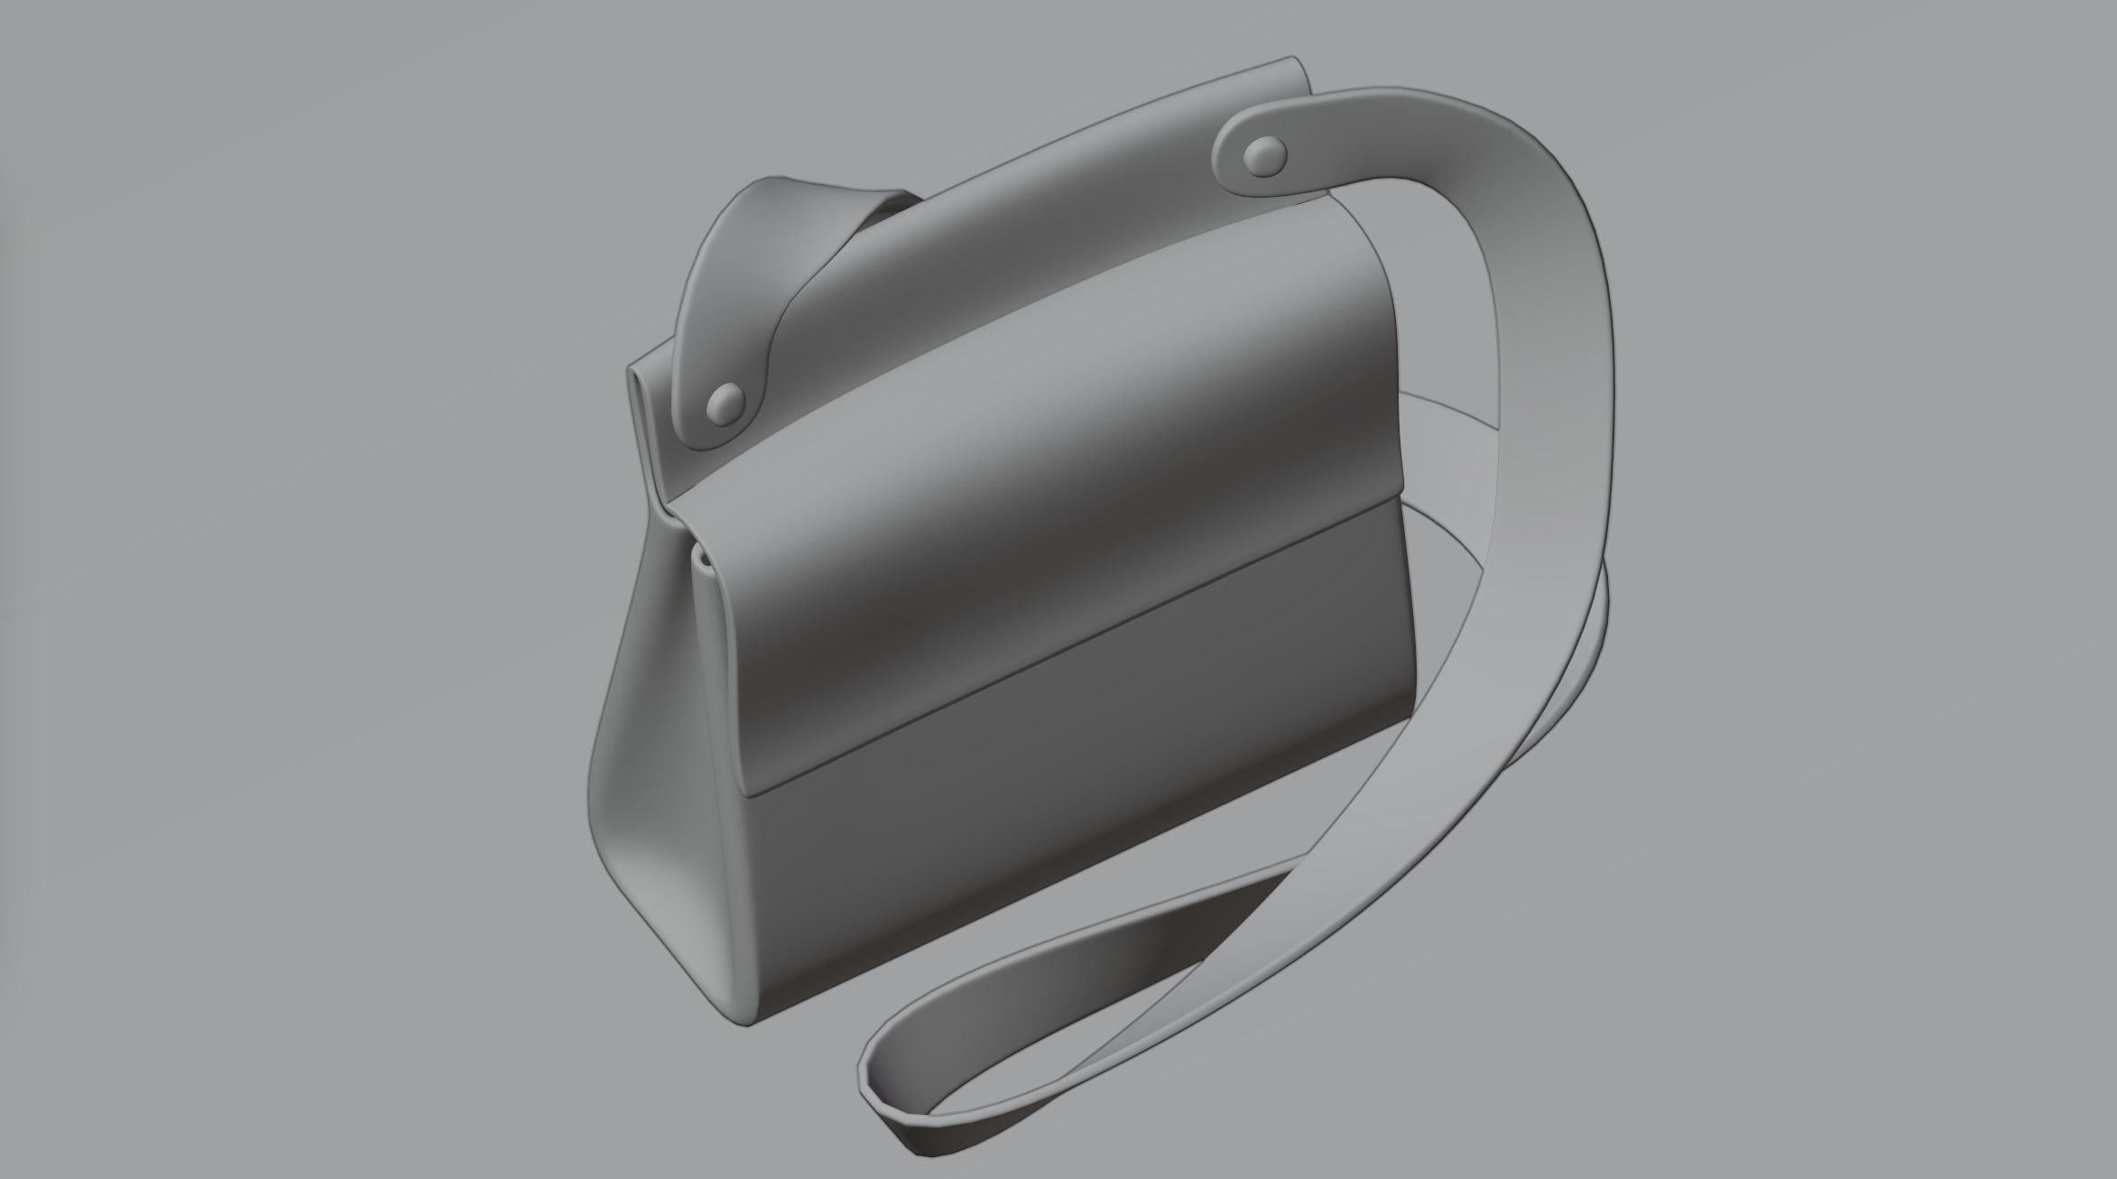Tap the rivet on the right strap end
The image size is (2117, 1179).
click(x=1266, y=156)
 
